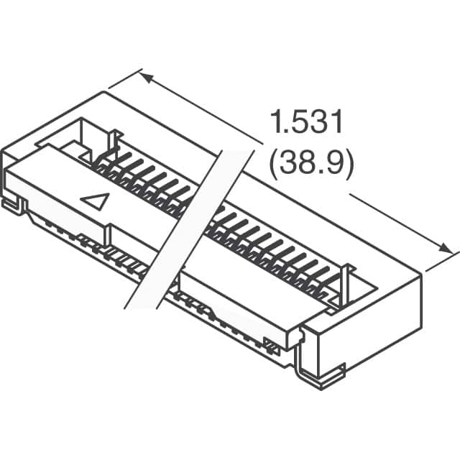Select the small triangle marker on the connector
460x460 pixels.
click(x=95, y=201)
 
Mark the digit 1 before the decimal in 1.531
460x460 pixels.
click(x=275, y=124)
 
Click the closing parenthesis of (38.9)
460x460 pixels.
click(x=350, y=165)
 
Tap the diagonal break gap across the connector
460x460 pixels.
click(x=188, y=230)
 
